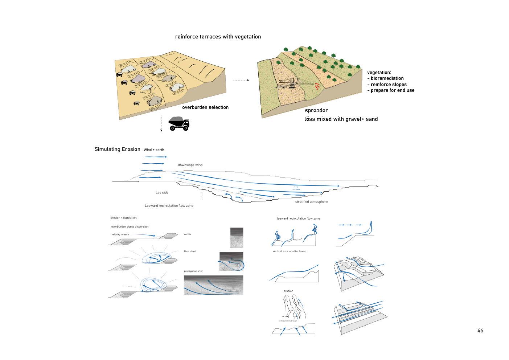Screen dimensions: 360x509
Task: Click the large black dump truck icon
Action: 179,123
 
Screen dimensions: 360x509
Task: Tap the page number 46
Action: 480,331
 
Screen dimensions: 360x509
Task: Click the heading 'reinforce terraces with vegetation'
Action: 218,37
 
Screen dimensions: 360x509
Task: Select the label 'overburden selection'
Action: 205,107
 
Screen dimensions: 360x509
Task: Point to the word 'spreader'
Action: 316,110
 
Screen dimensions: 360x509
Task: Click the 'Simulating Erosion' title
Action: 117,149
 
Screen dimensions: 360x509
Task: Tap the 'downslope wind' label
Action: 190,165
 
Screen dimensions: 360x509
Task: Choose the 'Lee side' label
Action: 162,192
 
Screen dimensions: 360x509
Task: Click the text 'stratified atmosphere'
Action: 311,202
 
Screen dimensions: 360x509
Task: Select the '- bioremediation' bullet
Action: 385,78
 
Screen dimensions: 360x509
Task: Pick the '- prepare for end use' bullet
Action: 391,90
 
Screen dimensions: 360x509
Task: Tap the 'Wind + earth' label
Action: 154,150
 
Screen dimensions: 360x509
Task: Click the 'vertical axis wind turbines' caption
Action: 289,251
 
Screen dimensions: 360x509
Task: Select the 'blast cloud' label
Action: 190,251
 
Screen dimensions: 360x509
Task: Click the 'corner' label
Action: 188,234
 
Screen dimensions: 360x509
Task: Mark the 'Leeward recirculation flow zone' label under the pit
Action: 169,206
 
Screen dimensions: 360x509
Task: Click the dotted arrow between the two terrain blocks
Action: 241,80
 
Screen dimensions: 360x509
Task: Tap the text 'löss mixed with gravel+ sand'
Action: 341,119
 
